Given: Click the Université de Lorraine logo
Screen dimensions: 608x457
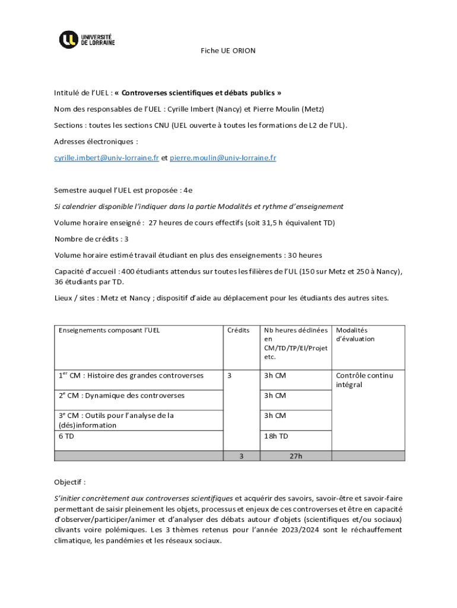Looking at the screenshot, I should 87,40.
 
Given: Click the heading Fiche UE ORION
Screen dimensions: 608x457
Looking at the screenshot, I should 228,51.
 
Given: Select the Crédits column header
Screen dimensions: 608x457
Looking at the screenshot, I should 238,330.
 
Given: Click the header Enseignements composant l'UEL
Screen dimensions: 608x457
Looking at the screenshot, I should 109,330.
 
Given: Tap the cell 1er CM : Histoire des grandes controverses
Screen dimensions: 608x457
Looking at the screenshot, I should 131,375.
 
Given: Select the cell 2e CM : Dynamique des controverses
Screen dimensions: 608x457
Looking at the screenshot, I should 121,395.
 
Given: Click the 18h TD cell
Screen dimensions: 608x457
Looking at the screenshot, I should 276,436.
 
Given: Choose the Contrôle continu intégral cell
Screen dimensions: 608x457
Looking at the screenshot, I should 364,380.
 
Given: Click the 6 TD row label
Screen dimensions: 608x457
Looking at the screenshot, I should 66,436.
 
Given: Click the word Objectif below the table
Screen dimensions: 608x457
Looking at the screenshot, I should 70,482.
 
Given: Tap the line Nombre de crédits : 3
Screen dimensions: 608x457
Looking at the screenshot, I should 91,239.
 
